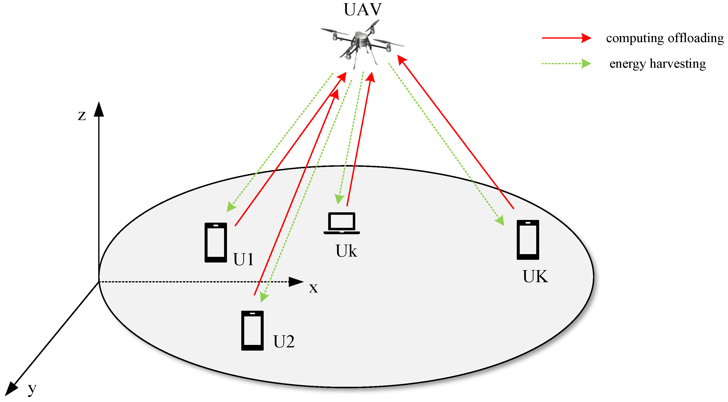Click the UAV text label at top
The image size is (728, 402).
coord(363,10)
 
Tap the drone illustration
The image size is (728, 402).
coord(362,42)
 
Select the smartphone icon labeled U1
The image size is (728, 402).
coord(216,242)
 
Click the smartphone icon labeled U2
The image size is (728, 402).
coord(252,330)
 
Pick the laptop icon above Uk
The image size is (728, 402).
coord(341,223)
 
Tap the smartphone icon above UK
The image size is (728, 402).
coord(528,240)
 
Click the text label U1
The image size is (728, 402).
coord(243,259)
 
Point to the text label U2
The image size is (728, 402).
coord(284,341)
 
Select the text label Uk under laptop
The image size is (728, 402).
coord(346,251)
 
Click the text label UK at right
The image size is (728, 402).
coord(535,276)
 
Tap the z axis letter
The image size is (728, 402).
coord(82,115)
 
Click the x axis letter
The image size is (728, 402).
coord(313,288)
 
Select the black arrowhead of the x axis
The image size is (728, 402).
coord(296,282)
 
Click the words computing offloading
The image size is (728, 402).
coord(665,38)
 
